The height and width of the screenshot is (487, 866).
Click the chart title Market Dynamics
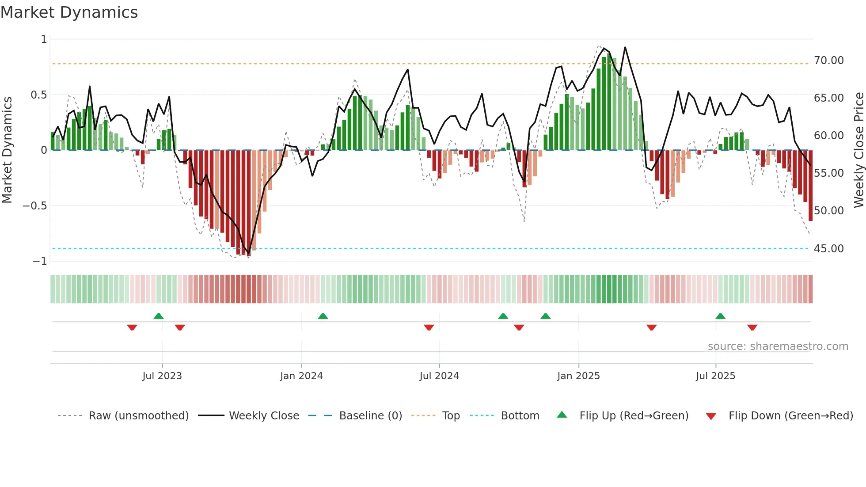point(69,12)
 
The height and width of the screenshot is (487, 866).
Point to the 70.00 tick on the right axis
point(828,60)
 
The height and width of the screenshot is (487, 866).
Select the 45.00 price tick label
point(828,248)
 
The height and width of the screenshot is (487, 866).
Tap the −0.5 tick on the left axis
point(34,206)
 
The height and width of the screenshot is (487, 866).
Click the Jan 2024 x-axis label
point(301,376)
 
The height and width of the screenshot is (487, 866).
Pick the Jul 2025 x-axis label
point(715,376)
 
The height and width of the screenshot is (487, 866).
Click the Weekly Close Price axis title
point(858,150)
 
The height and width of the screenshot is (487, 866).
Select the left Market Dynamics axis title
point(7,150)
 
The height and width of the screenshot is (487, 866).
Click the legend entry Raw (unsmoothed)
point(138,416)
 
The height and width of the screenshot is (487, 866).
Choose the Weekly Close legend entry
point(264,416)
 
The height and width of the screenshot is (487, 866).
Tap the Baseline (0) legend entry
point(370,416)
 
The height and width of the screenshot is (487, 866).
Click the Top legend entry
point(451,416)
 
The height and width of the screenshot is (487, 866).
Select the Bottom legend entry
point(520,416)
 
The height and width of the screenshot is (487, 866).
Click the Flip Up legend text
point(634,416)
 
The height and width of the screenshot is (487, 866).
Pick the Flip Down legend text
point(790,416)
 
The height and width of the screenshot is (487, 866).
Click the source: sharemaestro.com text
point(778,346)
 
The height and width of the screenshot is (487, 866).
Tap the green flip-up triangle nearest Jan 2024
point(323,316)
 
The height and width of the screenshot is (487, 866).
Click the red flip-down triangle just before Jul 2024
point(429,327)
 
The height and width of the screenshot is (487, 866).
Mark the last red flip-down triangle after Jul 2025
point(752,327)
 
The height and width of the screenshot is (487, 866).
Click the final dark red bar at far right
point(810,186)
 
